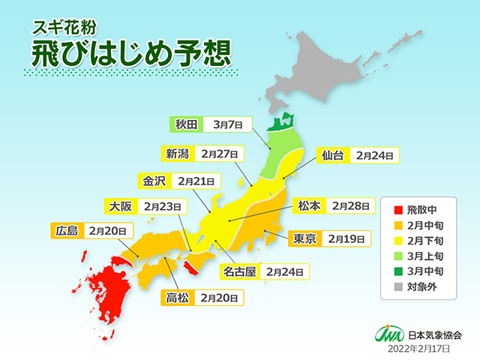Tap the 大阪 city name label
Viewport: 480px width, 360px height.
[120, 205]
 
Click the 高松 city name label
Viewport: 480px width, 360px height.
[178, 298]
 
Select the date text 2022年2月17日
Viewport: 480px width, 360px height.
[419, 347]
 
